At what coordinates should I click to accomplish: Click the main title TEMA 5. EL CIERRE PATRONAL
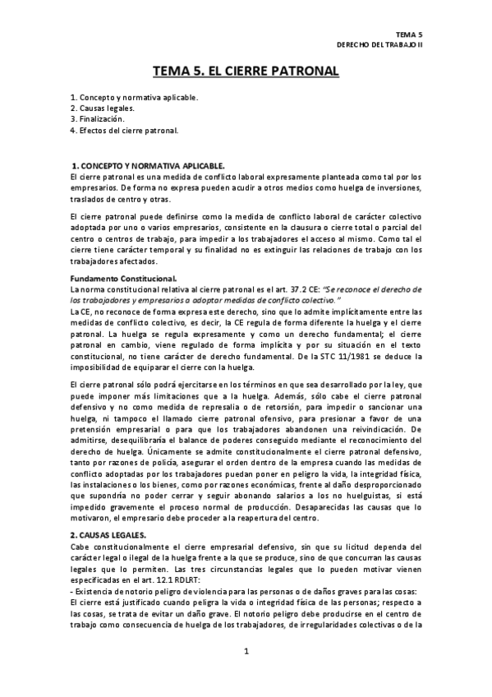246,72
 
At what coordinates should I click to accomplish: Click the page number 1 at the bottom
246,652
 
